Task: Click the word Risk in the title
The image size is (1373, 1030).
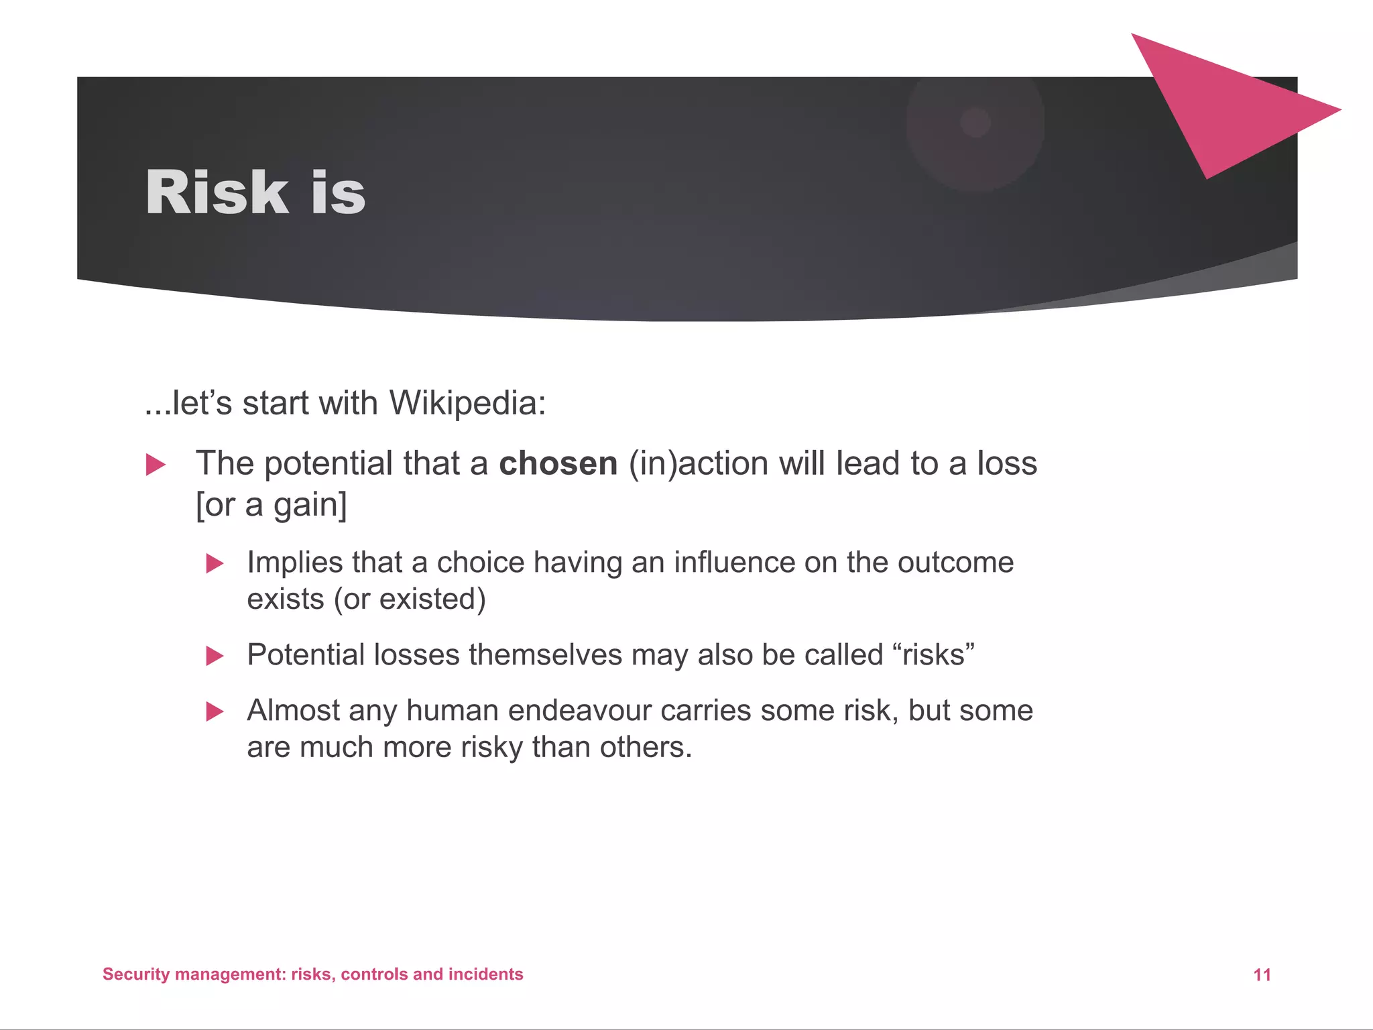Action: click(217, 192)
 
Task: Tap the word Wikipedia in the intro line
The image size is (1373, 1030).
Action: click(467, 403)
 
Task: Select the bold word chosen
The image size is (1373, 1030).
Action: click(558, 463)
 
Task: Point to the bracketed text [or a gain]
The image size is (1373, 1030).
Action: click(272, 505)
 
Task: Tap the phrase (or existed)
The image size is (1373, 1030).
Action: click(410, 599)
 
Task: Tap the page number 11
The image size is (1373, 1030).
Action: click(1262, 975)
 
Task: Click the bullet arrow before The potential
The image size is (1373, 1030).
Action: click(156, 465)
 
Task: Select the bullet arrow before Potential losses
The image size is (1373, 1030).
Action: click(215, 656)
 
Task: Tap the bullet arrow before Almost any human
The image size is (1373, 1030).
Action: click(215, 711)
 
